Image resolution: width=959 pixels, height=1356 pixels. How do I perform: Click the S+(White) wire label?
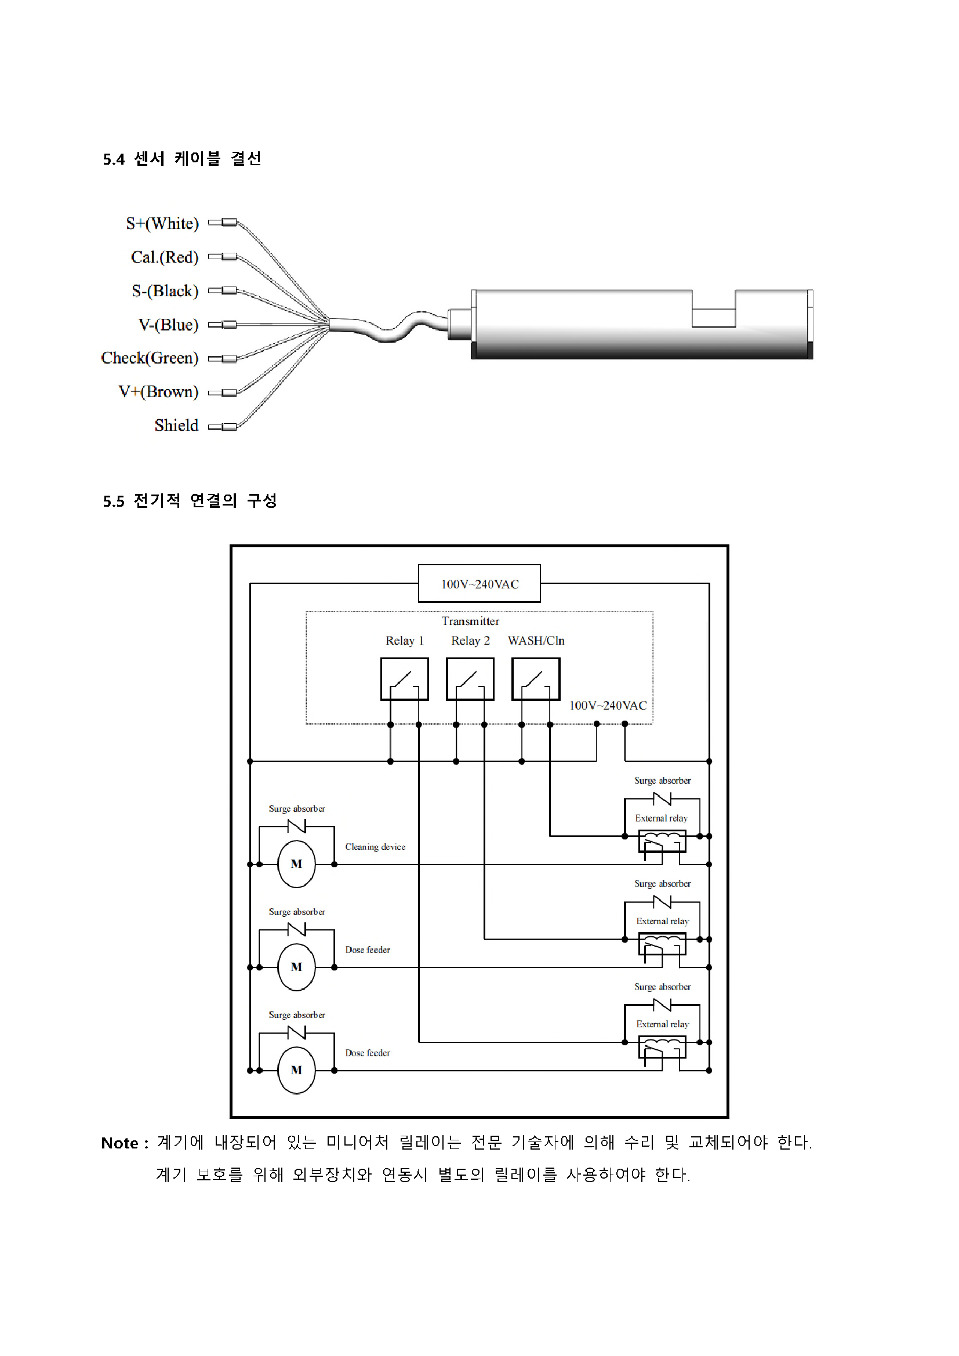(x=162, y=223)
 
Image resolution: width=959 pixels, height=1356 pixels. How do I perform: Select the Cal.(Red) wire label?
(x=165, y=257)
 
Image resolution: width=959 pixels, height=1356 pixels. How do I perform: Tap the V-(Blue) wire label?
(x=168, y=325)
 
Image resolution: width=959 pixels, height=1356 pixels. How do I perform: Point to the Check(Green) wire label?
(x=150, y=358)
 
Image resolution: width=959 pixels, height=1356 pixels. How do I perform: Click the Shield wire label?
(x=177, y=425)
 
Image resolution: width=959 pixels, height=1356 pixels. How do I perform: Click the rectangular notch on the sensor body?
(x=713, y=308)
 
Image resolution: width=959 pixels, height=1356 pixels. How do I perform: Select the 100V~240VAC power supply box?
(x=479, y=584)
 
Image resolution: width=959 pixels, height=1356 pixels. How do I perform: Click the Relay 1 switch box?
(x=405, y=679)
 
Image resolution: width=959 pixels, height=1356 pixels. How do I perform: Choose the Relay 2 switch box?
(x=470, y=679)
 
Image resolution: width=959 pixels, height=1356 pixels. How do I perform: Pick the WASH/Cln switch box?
(x=536, y=679)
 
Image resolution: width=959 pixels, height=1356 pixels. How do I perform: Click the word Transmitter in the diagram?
(x=471, y=621)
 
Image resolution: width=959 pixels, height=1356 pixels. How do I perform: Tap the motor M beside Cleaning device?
(x=296, y=864)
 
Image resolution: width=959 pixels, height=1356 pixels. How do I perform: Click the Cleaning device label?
(x=376, y=847)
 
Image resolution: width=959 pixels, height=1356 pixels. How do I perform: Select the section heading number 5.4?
(x=114, y=159)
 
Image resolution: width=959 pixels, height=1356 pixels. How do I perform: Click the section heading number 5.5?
(x=114, y=501)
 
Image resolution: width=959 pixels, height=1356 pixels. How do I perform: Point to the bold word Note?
(x=120, y=1143)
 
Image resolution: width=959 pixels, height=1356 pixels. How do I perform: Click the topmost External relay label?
(x=662, y=819)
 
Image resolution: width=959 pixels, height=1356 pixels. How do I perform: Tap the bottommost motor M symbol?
(x=296, y=1070)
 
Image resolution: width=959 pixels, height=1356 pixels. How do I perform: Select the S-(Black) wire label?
(x=165, y=291)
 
